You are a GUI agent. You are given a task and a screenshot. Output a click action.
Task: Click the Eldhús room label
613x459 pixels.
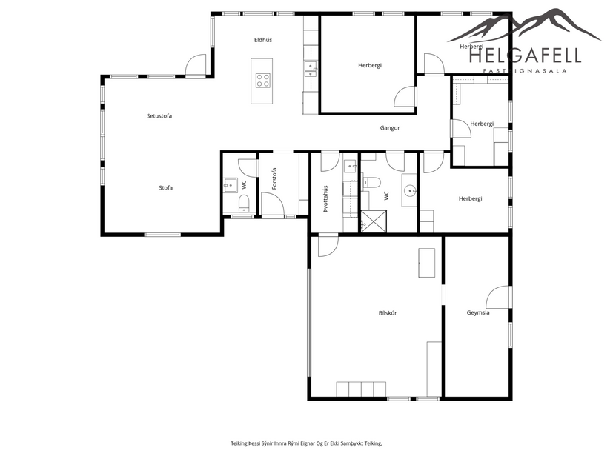262,40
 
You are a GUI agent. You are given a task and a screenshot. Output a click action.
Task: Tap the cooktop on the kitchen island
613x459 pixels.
262,79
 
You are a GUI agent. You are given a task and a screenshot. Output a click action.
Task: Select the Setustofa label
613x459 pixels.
159,116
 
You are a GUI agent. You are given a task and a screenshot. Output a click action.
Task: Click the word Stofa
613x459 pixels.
165,188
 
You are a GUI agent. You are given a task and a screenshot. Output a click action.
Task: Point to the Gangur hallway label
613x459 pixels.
390,128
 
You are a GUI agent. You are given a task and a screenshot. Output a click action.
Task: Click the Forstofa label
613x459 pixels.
274,179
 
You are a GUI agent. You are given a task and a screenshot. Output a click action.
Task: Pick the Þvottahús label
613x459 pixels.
325,198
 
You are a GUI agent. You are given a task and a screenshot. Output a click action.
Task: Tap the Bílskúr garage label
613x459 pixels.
387,314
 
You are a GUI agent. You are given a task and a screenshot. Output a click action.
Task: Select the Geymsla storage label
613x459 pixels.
478,312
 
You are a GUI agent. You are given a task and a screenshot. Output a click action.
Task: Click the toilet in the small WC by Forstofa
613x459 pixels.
244,203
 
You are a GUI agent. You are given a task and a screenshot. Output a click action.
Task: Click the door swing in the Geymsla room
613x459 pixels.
498,298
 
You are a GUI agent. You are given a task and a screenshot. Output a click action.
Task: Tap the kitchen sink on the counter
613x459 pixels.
311,69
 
